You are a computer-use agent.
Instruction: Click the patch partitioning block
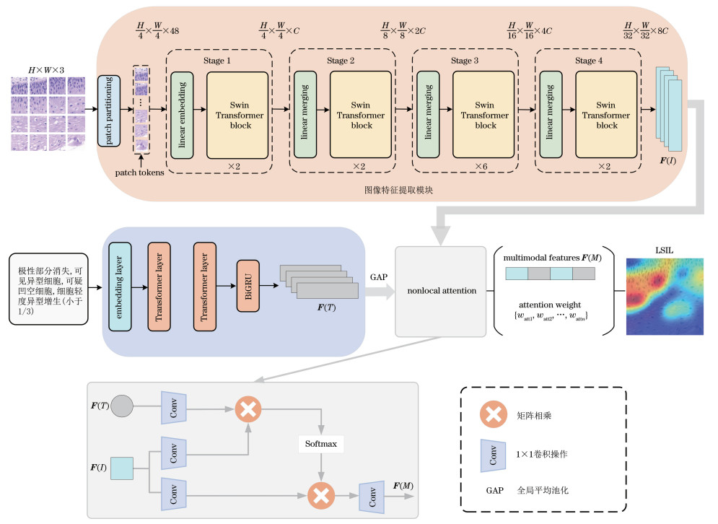(x=109, y=110)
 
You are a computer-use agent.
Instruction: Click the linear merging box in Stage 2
(x=305, y=115)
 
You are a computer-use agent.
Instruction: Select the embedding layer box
(x=119, y=287)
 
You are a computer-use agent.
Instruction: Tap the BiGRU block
(x=248, y=287)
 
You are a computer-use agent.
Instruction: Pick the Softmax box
(x=319, y=442)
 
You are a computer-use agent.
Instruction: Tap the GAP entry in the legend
(x=494, y=489)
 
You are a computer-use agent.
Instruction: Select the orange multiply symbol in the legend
(x=494, y=415)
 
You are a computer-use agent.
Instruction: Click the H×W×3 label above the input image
(x=46, y=70)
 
